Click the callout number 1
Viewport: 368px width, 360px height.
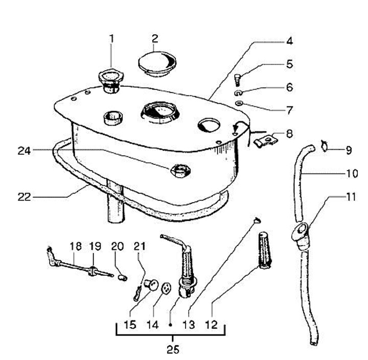112,39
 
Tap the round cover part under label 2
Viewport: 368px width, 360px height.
157,63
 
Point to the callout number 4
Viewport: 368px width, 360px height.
290,41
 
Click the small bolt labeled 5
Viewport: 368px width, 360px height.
237,80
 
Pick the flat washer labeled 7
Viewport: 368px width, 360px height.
239,103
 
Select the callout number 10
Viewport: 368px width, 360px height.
352,174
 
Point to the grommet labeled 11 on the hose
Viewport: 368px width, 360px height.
301,233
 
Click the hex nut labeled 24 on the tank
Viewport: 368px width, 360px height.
180,171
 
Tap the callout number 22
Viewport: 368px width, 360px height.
25,197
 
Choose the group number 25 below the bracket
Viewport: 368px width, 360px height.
173,349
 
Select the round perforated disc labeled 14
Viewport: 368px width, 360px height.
166,287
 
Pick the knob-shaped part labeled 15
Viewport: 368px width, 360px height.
151,285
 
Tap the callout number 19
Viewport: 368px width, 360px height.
95,247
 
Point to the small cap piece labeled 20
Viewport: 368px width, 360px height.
122,278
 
